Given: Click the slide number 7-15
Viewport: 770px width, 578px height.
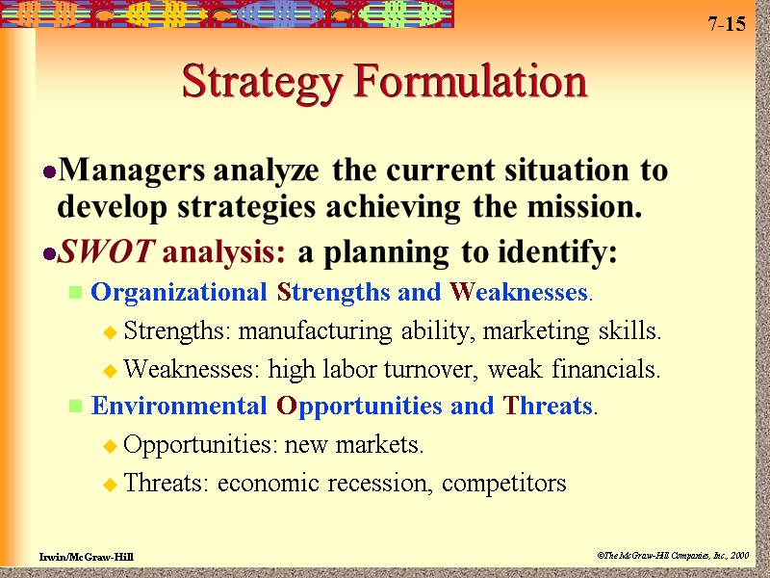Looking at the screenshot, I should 727,24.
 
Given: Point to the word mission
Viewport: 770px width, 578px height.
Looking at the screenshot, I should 593,205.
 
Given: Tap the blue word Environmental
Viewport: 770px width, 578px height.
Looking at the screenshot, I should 180,406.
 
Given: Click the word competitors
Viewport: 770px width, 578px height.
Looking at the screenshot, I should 504,483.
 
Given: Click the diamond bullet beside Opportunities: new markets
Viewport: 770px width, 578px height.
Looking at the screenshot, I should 110,447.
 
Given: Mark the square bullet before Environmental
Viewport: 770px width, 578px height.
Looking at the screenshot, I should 74,407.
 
